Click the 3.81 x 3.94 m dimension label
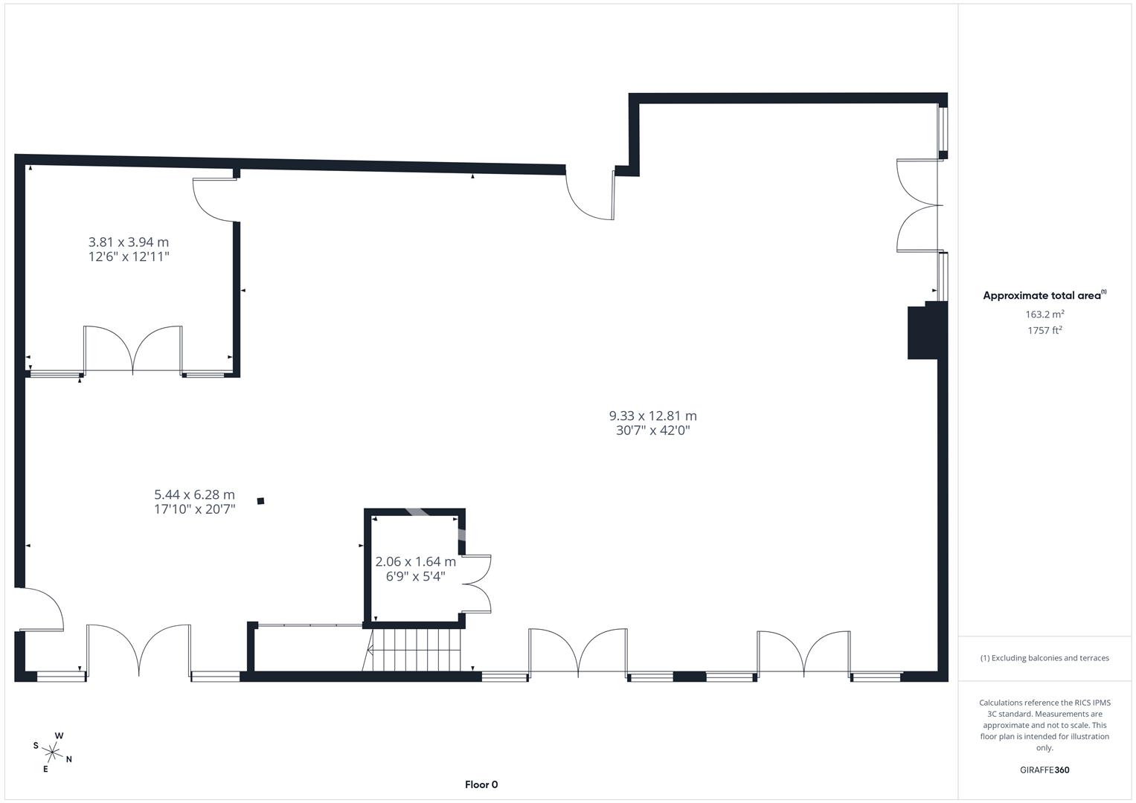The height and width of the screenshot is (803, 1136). click(129, 242)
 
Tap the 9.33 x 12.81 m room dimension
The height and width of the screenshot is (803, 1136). click(652, 416)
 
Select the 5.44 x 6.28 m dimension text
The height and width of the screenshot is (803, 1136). click(194, 494)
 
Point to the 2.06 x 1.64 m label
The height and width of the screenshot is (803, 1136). click(415, 561)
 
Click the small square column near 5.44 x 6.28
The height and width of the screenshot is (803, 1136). click(260, 501)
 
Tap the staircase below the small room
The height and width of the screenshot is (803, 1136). click(414, 649)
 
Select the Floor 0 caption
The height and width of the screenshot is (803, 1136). click(481, 784)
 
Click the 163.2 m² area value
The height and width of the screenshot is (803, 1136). click(1044, 315)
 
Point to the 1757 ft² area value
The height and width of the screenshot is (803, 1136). click(1044, 331)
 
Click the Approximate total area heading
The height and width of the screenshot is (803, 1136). click(1044, 295)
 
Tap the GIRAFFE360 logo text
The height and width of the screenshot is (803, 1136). click(1044, 770)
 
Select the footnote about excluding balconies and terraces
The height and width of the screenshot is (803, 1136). click(1044, 658)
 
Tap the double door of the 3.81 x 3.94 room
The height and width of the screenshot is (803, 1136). click(133, 349)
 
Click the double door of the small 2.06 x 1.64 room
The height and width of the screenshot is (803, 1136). click(476, 584)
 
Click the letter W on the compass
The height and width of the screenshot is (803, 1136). click(60, 736)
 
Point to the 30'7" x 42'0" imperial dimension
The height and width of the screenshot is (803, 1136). click(652, 430)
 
